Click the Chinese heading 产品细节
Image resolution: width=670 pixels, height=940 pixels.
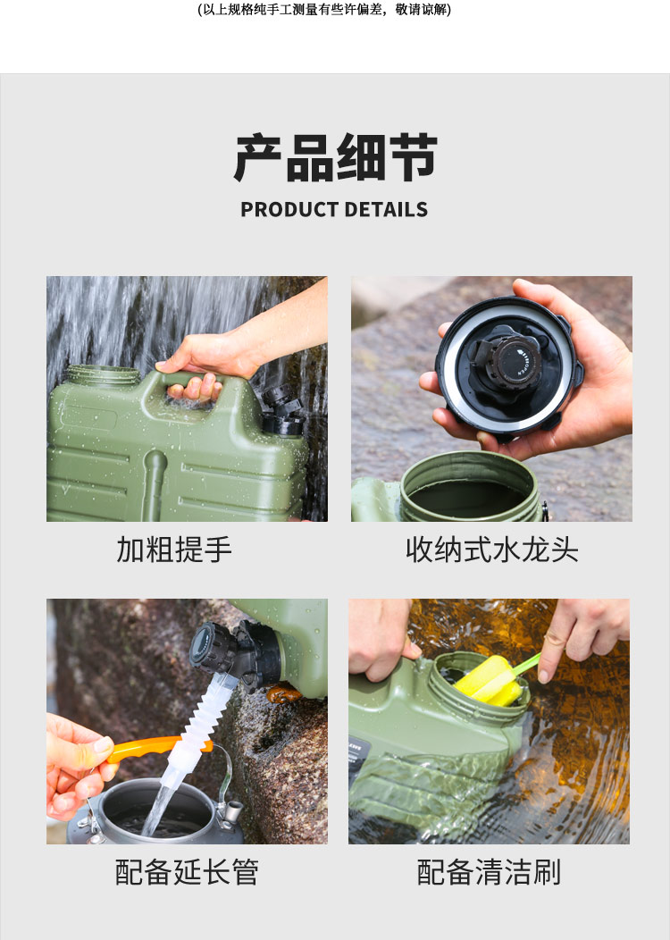[x=335, y=157]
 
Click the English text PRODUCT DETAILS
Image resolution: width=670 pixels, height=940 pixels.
[x=334, y=209]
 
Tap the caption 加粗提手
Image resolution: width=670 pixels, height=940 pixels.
[x=174, y=550]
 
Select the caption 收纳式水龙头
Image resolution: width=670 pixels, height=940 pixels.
[x=492, y=550]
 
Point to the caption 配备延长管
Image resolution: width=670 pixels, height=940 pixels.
[x=187, y=872]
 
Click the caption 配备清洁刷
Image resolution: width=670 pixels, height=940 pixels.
[x=489, y=872]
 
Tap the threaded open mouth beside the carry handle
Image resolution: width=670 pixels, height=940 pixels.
[x=103, y=375]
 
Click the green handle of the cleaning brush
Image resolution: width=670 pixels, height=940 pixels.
[x=526, y=664]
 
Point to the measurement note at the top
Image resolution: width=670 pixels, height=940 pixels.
[x=324, y=9]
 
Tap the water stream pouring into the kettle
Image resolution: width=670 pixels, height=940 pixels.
[x=157, y=810]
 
